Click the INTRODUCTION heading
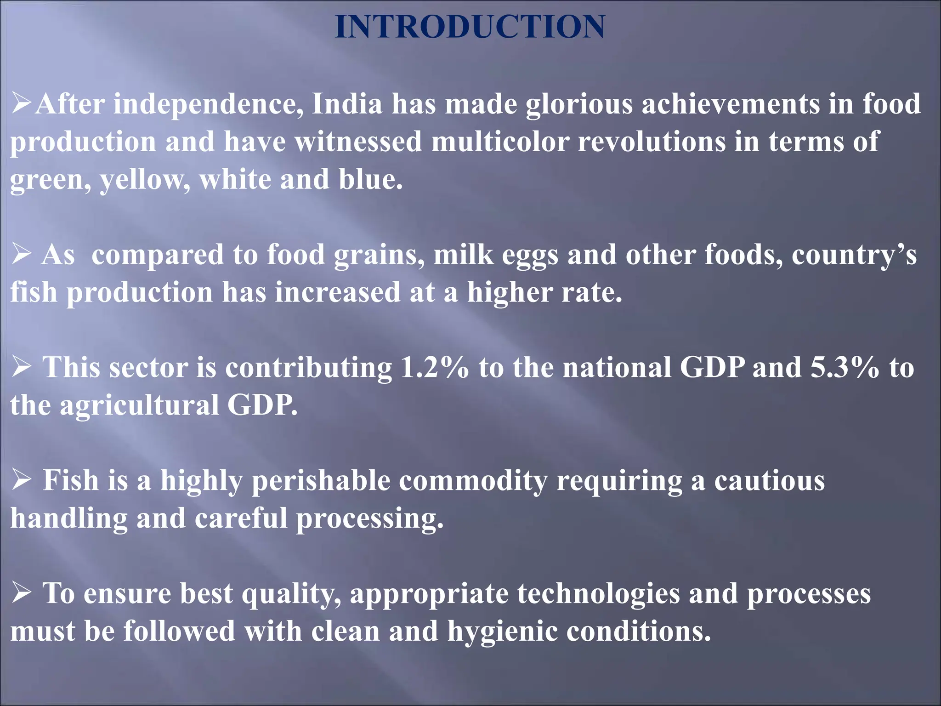point(470,27)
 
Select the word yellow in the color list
point(145,179)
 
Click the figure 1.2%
point(435,367)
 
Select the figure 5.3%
point(845,367)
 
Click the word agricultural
point(140,405)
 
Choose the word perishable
point(321,480)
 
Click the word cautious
point(769,480)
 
